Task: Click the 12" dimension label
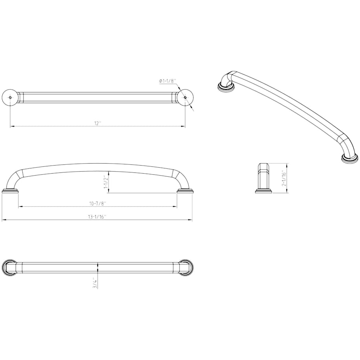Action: (x=98, y=123)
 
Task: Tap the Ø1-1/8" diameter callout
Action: (x=167, y=81)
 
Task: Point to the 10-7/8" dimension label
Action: (x=98, y=204)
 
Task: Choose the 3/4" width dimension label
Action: (x=94, y=283)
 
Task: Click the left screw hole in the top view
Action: (x=10, y=98)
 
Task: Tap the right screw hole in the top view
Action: (x=185, y=98)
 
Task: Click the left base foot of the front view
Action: (x=10, y=191)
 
